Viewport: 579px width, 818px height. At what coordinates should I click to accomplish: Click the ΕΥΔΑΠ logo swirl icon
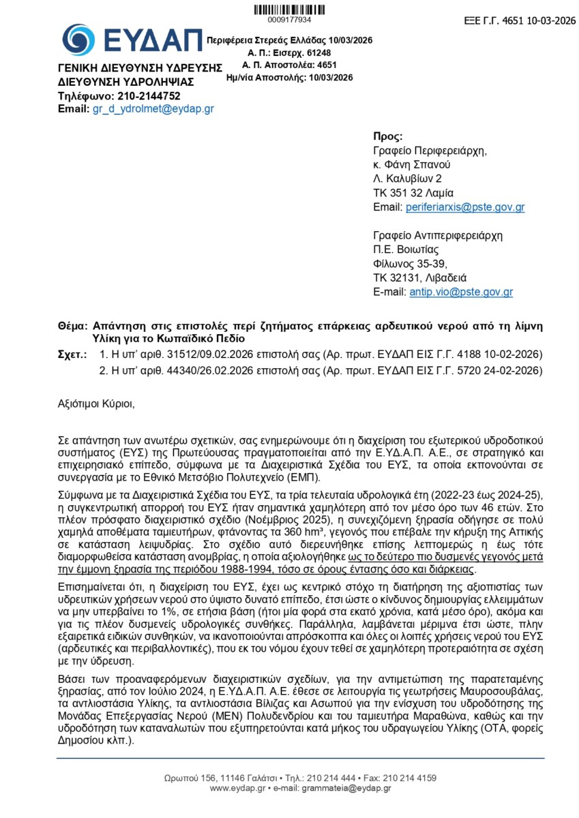click(x=78, y=40)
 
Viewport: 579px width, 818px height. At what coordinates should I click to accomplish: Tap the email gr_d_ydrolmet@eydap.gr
click(x=153, y=108)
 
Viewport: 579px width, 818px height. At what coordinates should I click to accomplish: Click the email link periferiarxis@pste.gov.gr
click(x=464, y=207)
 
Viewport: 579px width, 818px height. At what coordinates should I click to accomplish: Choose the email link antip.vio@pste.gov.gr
click(x=461, y=292)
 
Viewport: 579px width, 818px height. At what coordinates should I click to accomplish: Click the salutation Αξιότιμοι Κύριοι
click(x=97, y=404)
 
